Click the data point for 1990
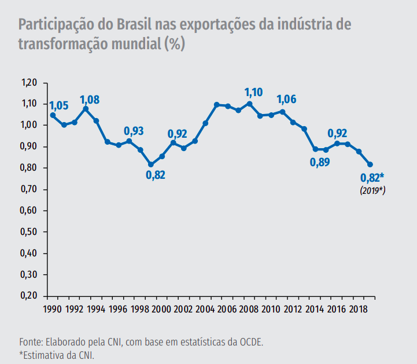click(x=53, y=115)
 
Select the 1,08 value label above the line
click(x=90, y=100)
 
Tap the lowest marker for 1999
click(x=151, y=165)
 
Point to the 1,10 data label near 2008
click(x=253, y=92)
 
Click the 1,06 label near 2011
click(x=286, y=99)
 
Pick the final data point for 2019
click(x=370, y=165)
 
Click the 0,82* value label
click(x=372, y=178)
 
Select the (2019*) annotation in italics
click(x=372, y=190)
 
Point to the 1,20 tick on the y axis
click(x=29, y=83)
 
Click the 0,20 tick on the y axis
click(x=29, y=296)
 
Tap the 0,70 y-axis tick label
click(x=29, y=189)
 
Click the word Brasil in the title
click(x=134, y=25)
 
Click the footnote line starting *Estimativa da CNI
click(x=56, y=354)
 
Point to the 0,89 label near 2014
click(x=320, y=162)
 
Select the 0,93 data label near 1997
click(x=134, y=131)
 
